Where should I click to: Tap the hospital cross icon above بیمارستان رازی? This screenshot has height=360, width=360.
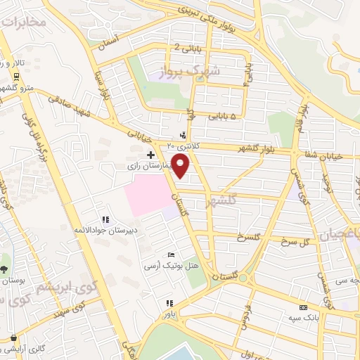point(150,154)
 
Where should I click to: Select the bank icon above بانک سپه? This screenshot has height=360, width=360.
point(303,307)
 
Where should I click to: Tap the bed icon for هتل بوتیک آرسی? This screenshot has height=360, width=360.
point(172,255)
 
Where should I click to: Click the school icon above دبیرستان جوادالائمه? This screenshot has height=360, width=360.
point(105,219)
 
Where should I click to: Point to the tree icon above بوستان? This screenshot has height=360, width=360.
point(4,269)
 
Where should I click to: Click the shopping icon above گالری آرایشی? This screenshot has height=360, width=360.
point(14,338)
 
